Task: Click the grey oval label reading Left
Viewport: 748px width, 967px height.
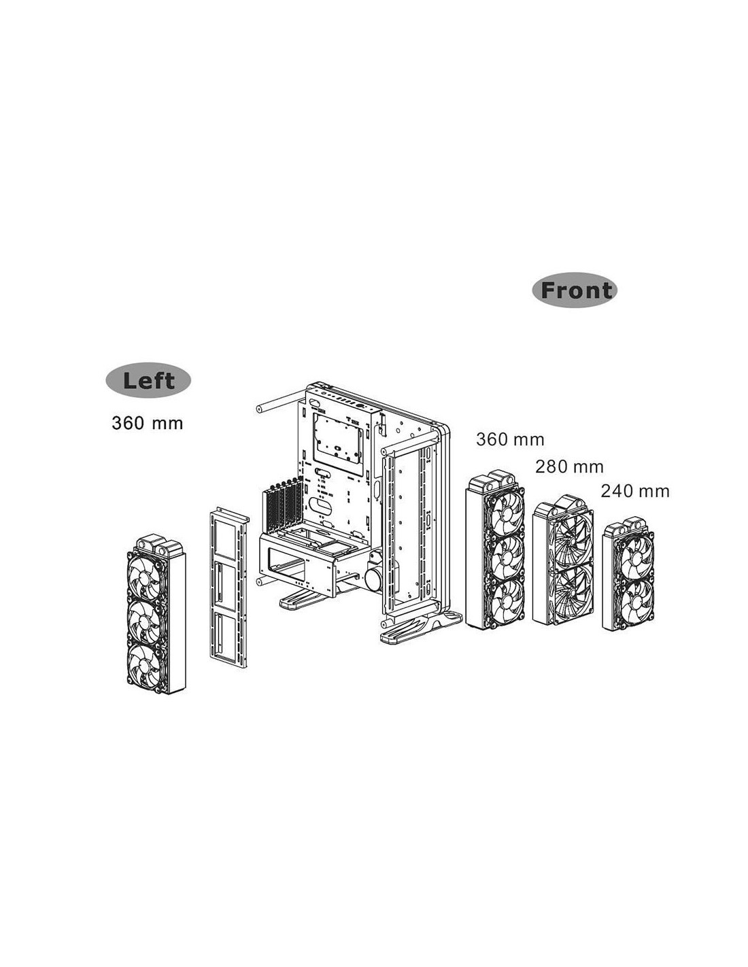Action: point(148,381)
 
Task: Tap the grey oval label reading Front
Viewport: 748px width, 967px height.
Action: point(575,290)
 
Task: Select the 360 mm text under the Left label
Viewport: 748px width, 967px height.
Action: point(148,423)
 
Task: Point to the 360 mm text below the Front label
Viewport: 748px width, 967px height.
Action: point(510,439)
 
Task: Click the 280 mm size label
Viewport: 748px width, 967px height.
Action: point(569,466)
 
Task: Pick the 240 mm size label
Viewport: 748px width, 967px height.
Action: point(635,491)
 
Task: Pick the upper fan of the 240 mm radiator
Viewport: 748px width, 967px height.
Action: point(634,554)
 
